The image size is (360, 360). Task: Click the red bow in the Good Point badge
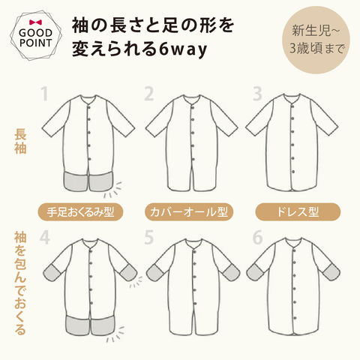tap(35, 22)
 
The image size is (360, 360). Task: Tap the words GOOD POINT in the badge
tap(35, 38)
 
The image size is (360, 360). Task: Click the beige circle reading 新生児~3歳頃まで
tap(316, 40)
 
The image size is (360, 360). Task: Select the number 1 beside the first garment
tap(44, 94)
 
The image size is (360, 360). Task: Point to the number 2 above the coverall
tap(148, 94)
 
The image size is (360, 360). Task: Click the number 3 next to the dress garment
tap(257, 94)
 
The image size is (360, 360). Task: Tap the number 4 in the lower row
tap(44, 237)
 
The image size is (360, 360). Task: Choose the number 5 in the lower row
tap(148, 237)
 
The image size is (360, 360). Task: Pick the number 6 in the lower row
tap(257, 237)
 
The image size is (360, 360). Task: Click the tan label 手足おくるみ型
tap(80, 212)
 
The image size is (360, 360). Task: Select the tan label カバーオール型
tap(189, 212)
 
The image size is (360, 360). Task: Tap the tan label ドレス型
tap(298, 212)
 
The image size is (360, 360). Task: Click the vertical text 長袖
tap(20, 141)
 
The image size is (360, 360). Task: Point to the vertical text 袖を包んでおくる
tap(20, 283)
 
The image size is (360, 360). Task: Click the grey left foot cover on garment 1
tap(76, 181)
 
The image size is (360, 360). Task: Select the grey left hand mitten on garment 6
tap(255, 272)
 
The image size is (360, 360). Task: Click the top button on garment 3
tap(292, 106)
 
